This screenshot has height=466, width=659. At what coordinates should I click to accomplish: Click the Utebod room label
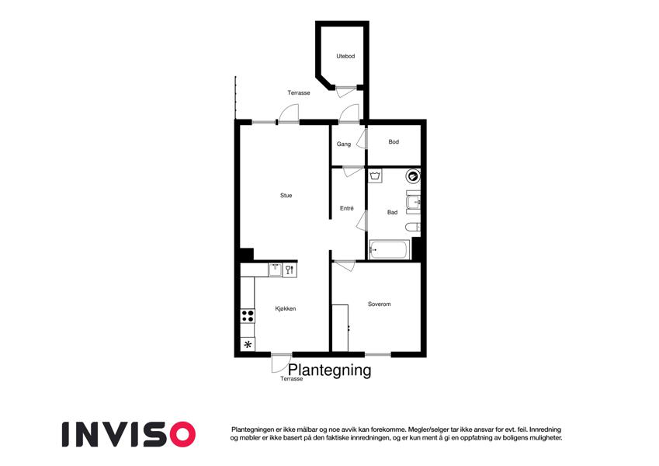[345, 56]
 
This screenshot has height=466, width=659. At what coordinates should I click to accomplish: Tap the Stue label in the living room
[286, 195]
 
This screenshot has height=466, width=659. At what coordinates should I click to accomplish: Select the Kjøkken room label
[286, 308]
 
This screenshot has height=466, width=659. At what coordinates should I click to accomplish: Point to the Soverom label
[379, 304]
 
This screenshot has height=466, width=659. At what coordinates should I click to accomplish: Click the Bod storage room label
[394, 141]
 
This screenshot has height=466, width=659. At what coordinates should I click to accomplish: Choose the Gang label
[343, 144]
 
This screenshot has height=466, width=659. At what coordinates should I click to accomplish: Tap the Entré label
[347, 208]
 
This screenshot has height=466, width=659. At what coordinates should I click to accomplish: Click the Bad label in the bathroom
[392, 212]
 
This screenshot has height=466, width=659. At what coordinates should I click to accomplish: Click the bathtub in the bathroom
[389, 250]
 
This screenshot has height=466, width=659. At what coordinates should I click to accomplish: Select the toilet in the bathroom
[413, 227]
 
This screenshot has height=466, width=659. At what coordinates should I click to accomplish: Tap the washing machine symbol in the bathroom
[376, 176]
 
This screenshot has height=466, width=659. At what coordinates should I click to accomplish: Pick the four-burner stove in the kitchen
[248, 316]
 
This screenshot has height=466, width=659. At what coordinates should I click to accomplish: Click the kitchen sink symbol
[276, 270]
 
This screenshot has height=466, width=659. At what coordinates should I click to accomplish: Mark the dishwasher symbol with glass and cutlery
[290, 270]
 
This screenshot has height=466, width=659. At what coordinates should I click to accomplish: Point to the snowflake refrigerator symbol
[248, 345]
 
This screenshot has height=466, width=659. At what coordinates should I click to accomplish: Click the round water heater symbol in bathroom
[413, 176]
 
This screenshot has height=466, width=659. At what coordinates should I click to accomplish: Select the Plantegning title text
[330, 370]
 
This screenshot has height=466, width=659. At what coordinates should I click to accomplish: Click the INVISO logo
[129, 434]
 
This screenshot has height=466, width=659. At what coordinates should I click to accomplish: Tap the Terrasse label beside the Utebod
[299, 92]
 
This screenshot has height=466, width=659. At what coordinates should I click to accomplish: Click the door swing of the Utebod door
[342, 93]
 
